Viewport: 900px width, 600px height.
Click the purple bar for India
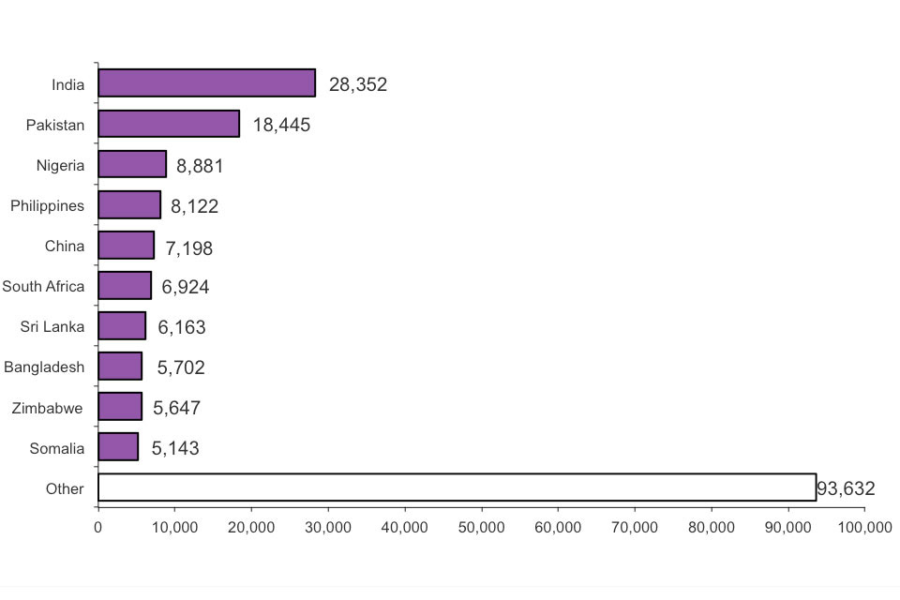pyautogui.click(x=206, y=83)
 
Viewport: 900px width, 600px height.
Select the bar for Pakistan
pyautogui.click(x=169, y=124)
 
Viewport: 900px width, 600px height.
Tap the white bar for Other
pyautogui.click(x=457, y=487)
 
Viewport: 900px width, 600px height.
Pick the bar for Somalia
pyautogui.click(x=118, y=447)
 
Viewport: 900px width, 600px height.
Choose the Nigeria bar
pyautogui.click(x=132, y=164)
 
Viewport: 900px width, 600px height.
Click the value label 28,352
pyautogui.click(x=357, y=85)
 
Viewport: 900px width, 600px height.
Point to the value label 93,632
pyautogui.click(x=846, y=488)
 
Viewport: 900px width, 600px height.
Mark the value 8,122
pyautogui.click(x=194, y=206)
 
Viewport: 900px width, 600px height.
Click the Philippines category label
pyautogui.click(x=47, y=205)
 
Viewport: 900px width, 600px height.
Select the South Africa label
pyautogui.click(x=43, y=286)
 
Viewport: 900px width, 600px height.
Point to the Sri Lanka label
pyautogui.click(x=52, y=326)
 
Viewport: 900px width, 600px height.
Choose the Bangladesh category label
pyautogui.click(x=44, y=367)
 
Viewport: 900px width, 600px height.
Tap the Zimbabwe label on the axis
pyautogui.click(x=47, y=407)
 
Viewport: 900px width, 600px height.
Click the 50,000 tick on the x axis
pyautogui.click(x=481, y=528)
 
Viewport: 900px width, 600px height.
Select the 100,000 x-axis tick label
pyautogui.click(x=863, y=528)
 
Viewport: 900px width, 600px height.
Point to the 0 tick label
pyautogui.click(x=97, y=528)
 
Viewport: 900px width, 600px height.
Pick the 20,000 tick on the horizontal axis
pyautogui.click(x=251, y=528)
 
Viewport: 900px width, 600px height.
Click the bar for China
pyautogui.click(x=126, y=246)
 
